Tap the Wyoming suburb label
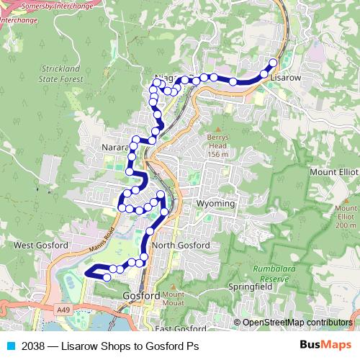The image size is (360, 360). tap(215, 204)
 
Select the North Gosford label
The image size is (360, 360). tap(181, 246)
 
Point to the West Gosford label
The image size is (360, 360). tap(41, 246)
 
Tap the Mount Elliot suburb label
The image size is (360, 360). tap(333, 173)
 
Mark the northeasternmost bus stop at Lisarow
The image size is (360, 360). tap(273, 63)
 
